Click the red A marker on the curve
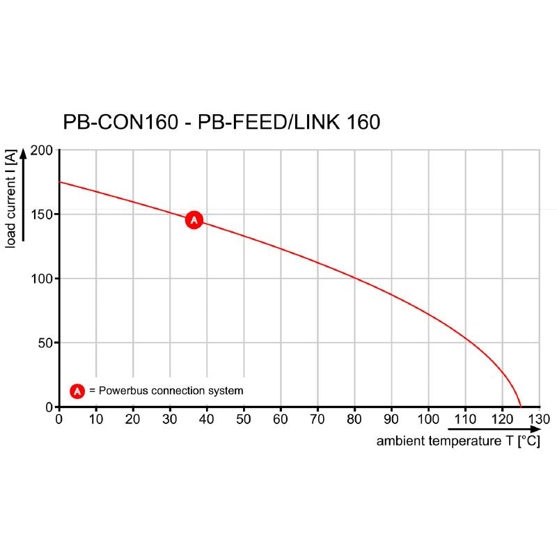point(194,220)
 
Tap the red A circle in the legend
point(77,391)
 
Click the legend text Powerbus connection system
point(171,391)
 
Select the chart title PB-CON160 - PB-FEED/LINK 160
point(221,123)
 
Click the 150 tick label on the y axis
point(42,214)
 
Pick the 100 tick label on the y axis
point(42,278)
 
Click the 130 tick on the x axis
point(539,419)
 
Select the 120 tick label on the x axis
point(502,419)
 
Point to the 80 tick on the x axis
point(354,419)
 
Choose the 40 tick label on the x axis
point(207,419)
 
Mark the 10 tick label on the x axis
point(96,419)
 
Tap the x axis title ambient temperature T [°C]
point(458,441)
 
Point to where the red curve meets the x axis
point(520,407)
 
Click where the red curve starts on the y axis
point(59,182)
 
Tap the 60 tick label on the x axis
point(281,419)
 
